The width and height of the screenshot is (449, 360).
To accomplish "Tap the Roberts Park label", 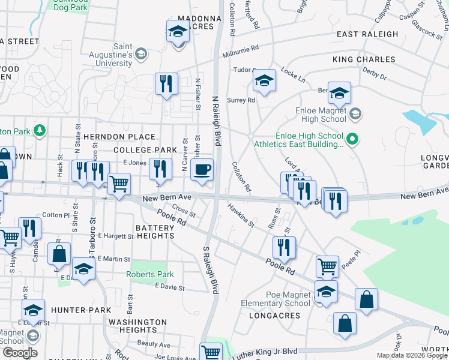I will coord(149,274).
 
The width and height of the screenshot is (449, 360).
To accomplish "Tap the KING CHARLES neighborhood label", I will coord(364,59).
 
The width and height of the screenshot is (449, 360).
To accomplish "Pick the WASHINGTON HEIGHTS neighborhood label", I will coord(137,326).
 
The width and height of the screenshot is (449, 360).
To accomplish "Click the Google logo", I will coord(19,353).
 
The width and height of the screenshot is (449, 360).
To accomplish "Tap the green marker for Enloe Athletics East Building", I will coord(353,140).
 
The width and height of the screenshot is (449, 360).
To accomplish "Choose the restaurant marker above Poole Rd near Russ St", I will coord(284,247).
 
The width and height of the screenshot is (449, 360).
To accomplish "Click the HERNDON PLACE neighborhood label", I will coord(119,137).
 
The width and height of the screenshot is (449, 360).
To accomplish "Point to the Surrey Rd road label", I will coord(241,100).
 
